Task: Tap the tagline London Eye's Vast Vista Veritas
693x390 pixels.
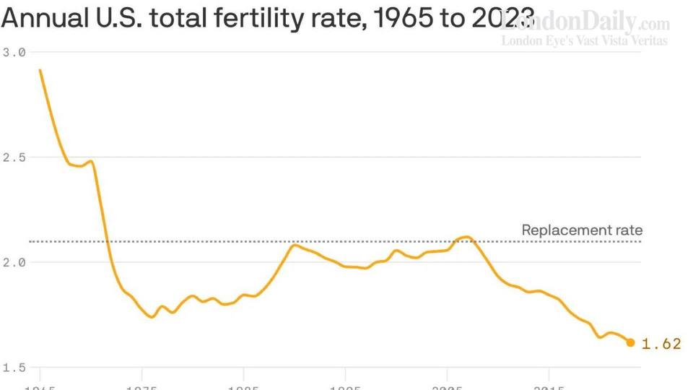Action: point(585,41)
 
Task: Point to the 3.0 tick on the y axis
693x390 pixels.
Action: point(14,53)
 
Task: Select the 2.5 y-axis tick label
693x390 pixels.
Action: point(14,157)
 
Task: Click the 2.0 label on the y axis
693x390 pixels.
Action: point(14,262)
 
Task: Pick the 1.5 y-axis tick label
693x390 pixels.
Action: point(14,368)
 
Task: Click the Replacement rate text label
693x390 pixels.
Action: point(582,230)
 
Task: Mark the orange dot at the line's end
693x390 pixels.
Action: point(630,342)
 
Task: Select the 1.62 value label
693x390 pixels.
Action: point(661,344)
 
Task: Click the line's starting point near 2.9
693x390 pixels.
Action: point(40,70)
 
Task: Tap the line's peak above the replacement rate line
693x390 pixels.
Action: point(466,237)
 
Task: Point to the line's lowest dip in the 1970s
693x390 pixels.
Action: point(152,317)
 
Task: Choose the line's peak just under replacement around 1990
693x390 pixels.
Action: point(294,246)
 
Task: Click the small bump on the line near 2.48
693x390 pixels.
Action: point(91,161)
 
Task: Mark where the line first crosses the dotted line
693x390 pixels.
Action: point(107,241)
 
